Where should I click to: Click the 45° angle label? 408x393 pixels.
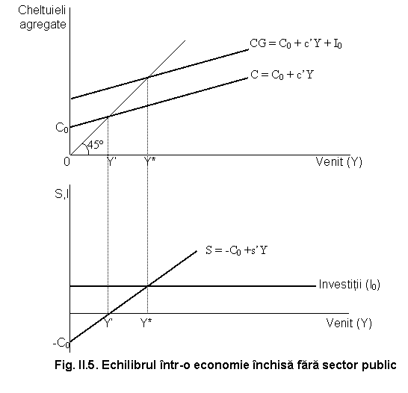96,145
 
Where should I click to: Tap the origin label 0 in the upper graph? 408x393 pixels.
67,162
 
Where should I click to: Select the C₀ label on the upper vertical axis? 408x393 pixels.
62,128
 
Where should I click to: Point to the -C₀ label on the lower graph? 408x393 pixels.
61,343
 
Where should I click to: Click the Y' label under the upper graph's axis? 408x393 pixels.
111,161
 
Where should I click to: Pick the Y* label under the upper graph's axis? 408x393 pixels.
149,161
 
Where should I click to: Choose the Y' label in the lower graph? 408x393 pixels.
108,324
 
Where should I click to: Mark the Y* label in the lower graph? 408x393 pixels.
146,324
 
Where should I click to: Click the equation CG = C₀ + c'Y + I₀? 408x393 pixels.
296,43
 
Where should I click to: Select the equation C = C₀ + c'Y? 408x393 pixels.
282,75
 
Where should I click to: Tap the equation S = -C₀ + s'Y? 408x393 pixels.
237,250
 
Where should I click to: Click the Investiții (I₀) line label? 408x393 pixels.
350,284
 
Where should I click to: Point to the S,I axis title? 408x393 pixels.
62,194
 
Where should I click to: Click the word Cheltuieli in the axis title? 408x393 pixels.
42,10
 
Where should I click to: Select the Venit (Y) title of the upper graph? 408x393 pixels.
339,162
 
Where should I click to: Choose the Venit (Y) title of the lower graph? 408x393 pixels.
349,324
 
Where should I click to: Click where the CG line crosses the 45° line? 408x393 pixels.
148,77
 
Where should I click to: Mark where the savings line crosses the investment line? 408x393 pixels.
147,286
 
